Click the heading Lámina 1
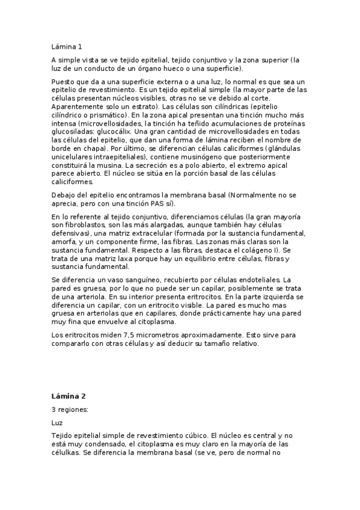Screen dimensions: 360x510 pyautogui.click(x=66, y=46)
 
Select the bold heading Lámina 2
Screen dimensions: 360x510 pyautogui.click(x=69, y=396)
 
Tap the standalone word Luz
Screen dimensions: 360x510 pyautogui.click(x=57, y=423)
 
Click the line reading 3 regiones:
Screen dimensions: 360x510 pyautogui.click(x=70, y=410)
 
